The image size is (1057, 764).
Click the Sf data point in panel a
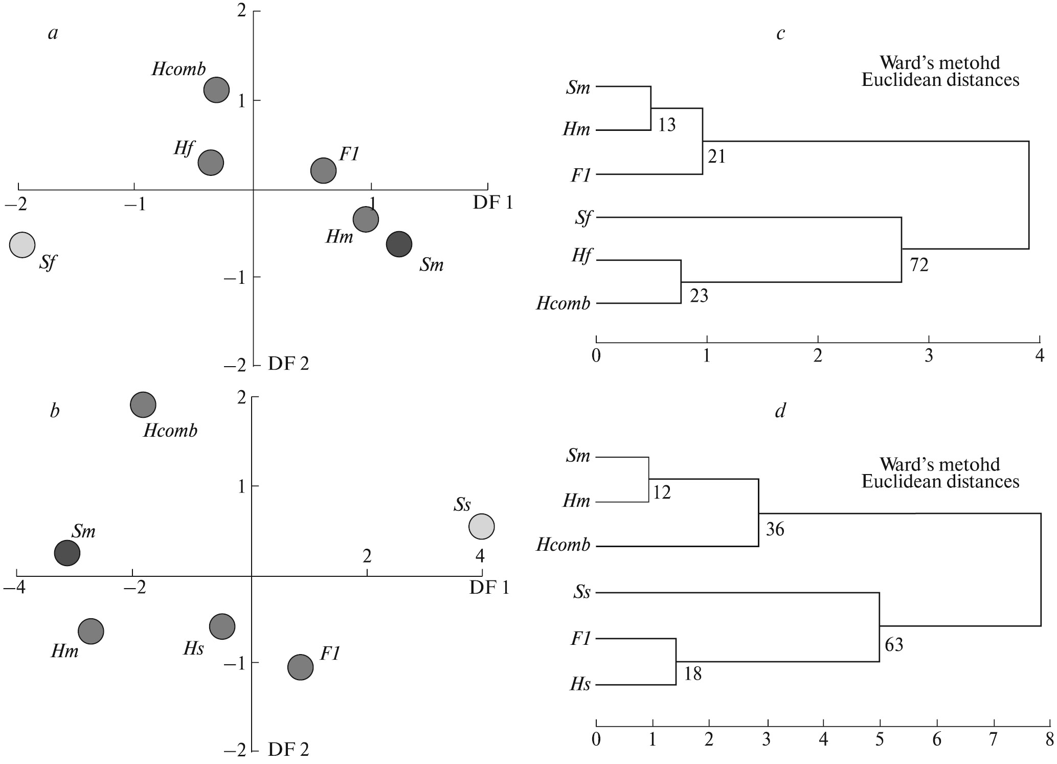22,245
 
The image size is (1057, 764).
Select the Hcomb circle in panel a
216,90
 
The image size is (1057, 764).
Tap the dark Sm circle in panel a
399,244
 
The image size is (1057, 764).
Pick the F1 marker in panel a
323,170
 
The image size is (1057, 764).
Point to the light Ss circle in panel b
481,526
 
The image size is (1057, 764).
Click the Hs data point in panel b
222,626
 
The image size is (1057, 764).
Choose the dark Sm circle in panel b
68,553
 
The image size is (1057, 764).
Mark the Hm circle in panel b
91,631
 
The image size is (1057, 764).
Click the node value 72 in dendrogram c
919,265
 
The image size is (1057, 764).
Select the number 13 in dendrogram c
666,125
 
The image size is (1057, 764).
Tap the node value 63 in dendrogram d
894,645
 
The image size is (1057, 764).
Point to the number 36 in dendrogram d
775,529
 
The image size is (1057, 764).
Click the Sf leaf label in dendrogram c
582,218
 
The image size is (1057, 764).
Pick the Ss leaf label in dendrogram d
581,593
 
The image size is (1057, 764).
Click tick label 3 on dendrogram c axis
929,356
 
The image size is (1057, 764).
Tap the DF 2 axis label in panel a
288,364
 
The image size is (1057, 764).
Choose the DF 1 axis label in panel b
489,588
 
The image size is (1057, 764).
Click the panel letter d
780,411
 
